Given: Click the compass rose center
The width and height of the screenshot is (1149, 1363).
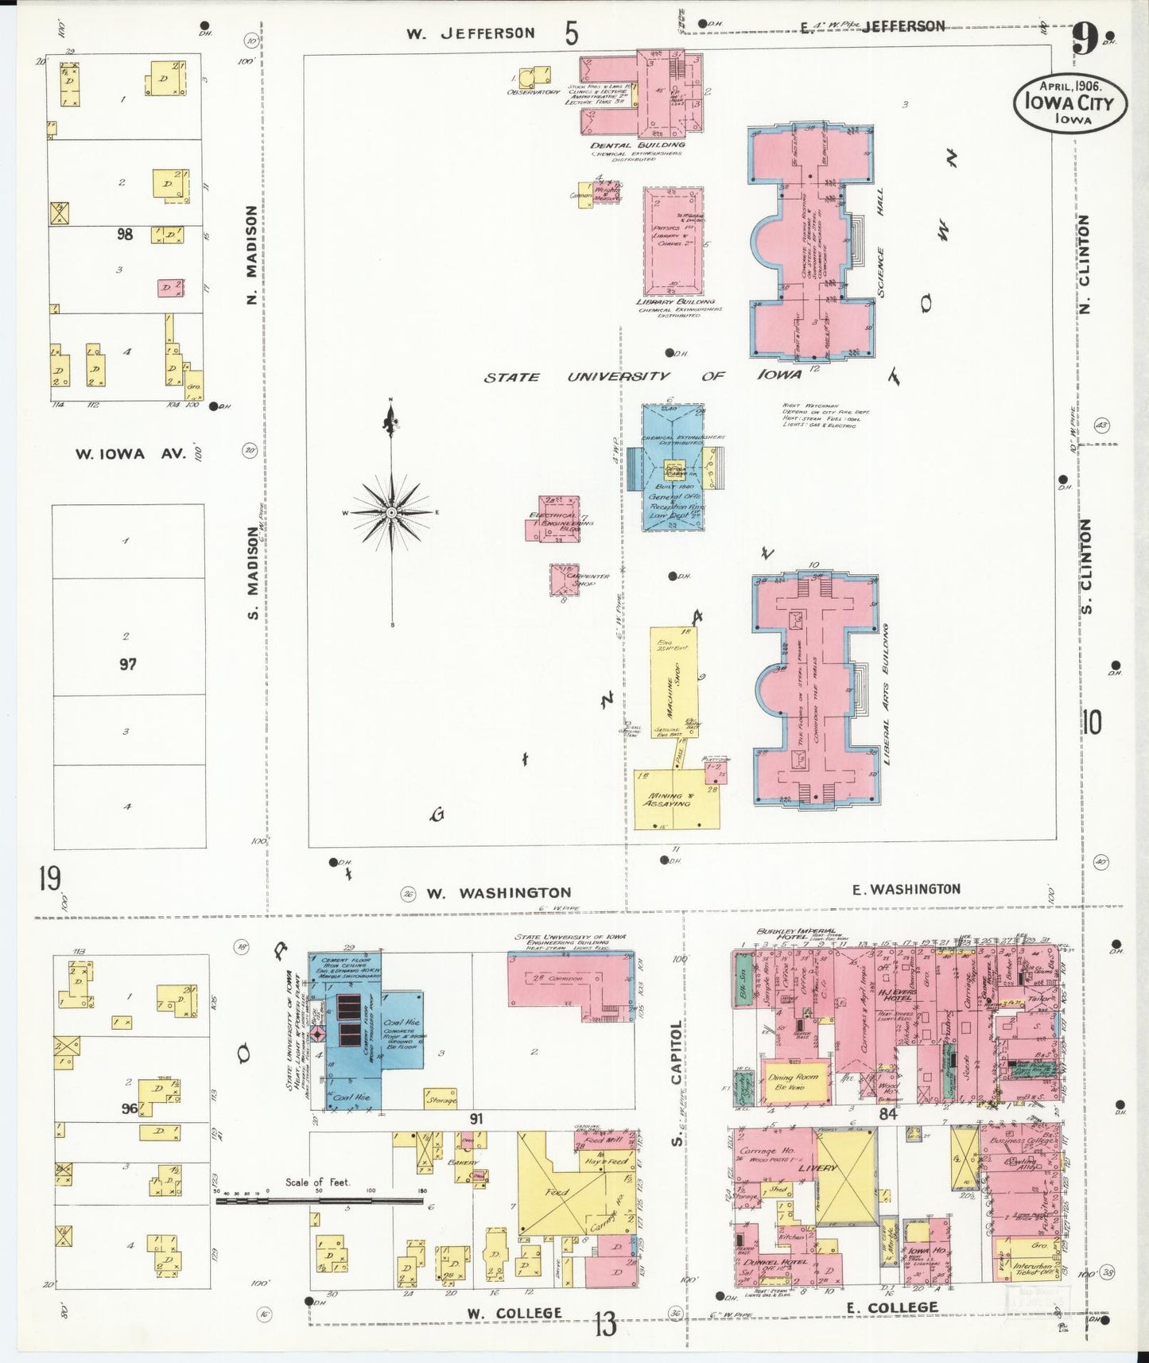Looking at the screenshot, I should point(391,513).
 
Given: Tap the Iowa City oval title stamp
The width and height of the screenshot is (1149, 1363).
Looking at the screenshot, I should point(1069,103).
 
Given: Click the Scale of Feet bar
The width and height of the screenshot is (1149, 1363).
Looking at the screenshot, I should point(318,1201).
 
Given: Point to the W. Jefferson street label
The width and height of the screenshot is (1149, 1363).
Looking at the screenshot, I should point(471,33).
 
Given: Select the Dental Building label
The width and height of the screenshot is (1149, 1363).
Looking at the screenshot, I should point(638,146).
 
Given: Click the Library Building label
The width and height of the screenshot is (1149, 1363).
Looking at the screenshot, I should point(675,302).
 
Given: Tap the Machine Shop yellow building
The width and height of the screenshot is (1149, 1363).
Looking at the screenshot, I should point(674,681).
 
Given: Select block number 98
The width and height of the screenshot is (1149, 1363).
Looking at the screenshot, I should point(125,235).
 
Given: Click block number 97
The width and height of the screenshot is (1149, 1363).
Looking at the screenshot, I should point(127,663).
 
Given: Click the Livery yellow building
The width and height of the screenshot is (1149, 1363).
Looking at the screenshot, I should point(844,1176).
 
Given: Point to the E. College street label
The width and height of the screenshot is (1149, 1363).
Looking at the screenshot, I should point(891,1308).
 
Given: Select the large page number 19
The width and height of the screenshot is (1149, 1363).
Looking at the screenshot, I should point(49,880).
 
